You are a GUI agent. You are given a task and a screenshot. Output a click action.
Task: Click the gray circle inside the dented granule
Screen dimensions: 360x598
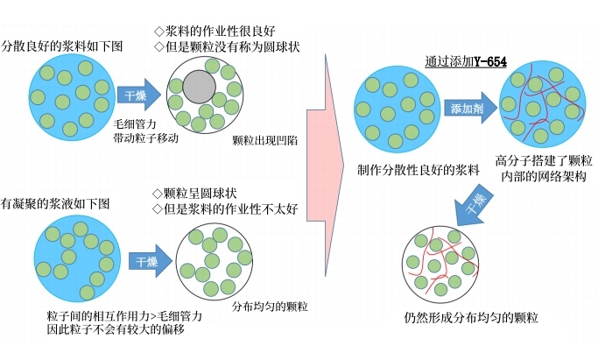[201, 88]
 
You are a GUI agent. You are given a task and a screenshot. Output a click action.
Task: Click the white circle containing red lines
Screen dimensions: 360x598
[446, 263]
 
